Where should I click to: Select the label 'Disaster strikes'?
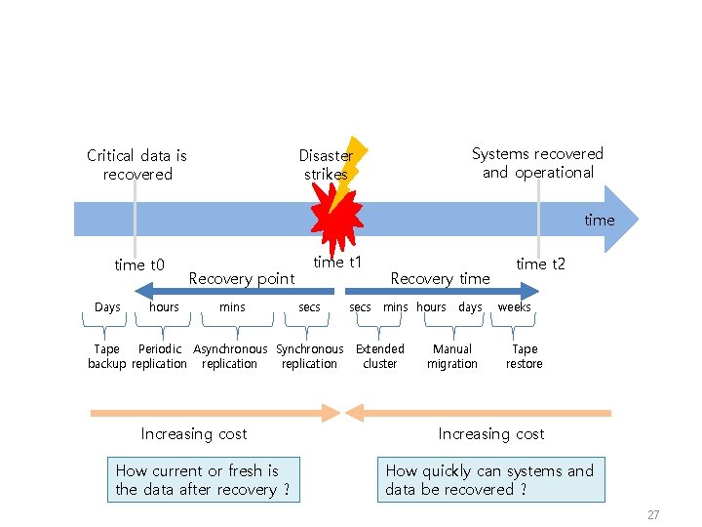click(326, 165)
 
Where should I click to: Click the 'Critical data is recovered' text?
click(136, 165)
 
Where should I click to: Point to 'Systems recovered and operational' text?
click(537, 163)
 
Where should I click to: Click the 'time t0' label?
click(139, 264)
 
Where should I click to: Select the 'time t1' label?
click(337, 262)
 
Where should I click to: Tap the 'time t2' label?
click(540, 263)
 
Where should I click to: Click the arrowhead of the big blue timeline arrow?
click(624, 220)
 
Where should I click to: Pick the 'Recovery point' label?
click(241, 278)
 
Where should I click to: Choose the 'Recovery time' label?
click(440, 278)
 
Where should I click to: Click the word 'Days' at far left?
click(107, 307)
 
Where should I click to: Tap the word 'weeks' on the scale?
click(514, 307)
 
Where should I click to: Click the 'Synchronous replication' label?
click(309, 356)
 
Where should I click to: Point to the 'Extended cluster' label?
click(379, 356)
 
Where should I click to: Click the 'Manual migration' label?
click(452, 356)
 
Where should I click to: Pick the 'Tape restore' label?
click(524, 356)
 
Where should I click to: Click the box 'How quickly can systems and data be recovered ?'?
click(489, 480)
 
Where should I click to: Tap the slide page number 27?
click(653, 514)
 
